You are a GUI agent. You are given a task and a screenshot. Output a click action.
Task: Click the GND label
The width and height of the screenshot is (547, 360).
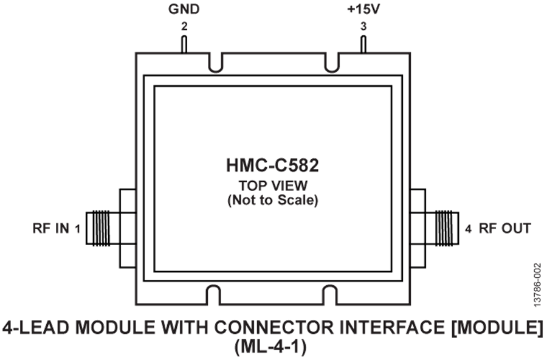coord(184,9)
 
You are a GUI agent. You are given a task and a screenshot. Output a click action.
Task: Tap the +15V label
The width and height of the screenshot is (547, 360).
coord(363,9)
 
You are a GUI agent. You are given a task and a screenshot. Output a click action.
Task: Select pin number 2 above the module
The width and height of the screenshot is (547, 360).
coord(184,26)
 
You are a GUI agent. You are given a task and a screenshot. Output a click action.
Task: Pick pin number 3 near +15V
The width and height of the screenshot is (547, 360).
coord(363,26)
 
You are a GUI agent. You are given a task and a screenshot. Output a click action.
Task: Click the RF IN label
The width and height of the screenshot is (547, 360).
coord(51,229)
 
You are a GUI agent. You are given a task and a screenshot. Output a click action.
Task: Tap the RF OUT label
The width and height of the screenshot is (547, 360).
coord(505,229)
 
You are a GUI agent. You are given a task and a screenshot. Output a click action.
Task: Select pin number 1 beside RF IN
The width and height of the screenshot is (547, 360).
coord(77,229)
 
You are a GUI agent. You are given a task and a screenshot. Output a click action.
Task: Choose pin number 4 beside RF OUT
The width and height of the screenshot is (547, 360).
coord(468,229)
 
